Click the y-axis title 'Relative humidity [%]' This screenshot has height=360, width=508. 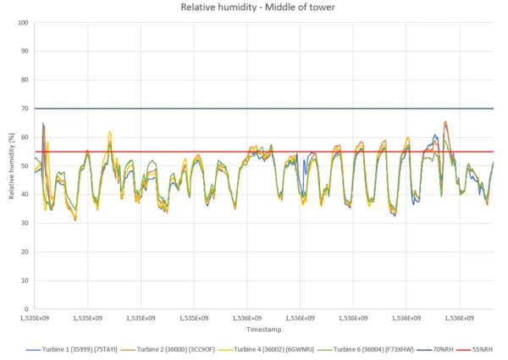[11, 166]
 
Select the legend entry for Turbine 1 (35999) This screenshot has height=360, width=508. [72, 348]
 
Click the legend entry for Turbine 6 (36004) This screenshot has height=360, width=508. [370, 348]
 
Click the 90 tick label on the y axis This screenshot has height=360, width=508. [25, 51]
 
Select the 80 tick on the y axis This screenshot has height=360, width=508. [25, 80]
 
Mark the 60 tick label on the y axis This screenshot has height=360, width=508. [25, 137]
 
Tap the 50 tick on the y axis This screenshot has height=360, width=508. [25, 166]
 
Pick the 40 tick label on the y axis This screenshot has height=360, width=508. [25, 195]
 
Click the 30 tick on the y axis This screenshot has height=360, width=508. [25, 224]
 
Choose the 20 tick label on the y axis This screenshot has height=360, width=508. [25, 252]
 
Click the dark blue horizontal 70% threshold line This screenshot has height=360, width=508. [254, 108]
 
